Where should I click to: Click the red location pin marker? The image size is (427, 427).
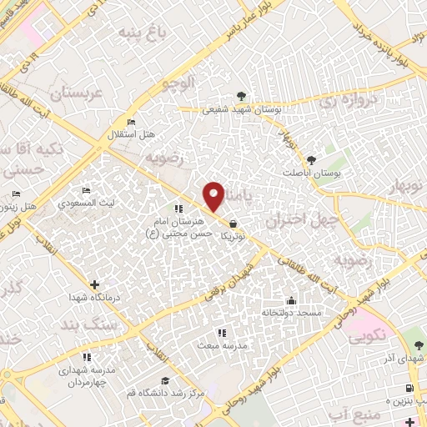click(214, 195)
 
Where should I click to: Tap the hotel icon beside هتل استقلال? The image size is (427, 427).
click(131, 123)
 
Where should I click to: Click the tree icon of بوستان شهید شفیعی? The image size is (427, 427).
click(241, 96)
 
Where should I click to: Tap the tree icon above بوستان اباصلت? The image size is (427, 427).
click(312, 158)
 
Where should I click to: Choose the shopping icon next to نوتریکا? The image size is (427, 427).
click(233, 224)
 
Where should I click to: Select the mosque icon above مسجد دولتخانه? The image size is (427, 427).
click(291, 301)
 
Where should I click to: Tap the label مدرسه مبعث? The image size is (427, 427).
click(217, 344)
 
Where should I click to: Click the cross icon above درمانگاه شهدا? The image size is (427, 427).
click(93, 284)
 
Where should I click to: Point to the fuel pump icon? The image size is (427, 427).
click(409, 388)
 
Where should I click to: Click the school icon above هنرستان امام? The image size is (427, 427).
click(178, 208)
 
